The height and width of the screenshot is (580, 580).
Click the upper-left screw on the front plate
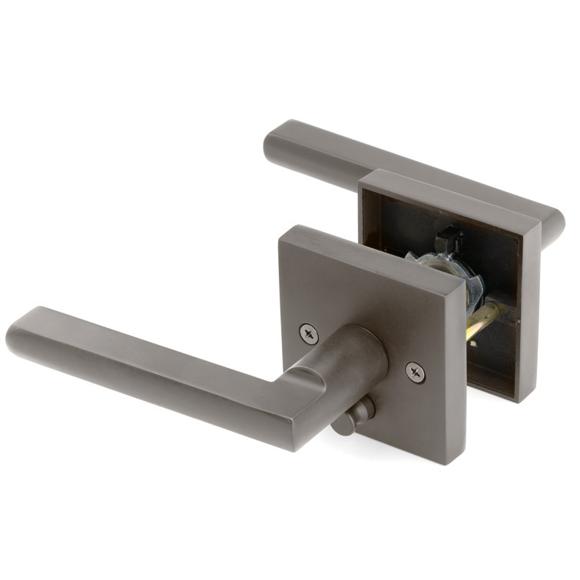(x=309, y=333)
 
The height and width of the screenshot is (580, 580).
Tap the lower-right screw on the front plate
(x=415, y=372)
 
